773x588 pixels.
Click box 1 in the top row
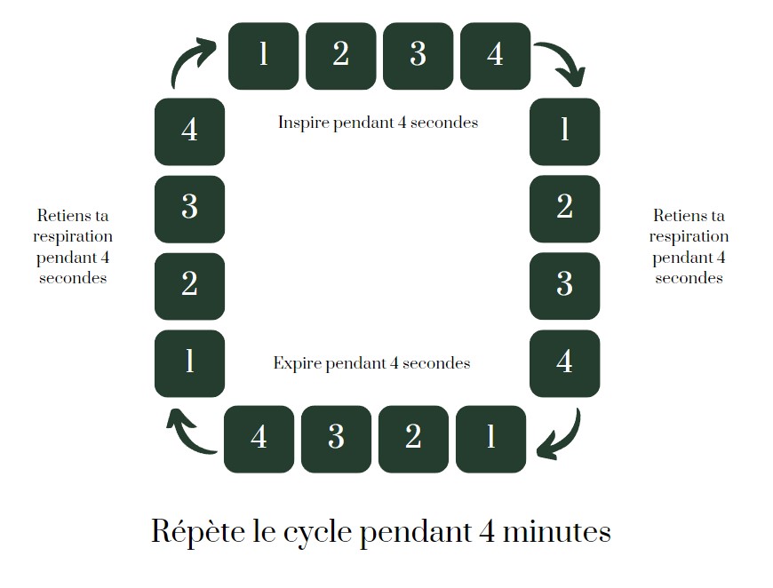pyautogui.click(x=263, y=55)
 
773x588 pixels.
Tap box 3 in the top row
pyautogui.click(x=418, y=55)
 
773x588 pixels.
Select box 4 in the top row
pyautogui.click(x=495, y=55)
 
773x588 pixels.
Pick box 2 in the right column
pyautogui.click(x=564, y=209)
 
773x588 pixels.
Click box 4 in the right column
pyautogui.click(x=564, y=362)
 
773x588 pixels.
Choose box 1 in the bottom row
pyautogui.click(x=490, y=439)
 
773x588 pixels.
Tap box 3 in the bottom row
pyautogui.click(x=336, y=439)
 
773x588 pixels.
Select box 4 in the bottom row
pyautogui.click(x=259, y=439)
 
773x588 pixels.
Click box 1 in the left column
pyautogui.click(x=189, y=362)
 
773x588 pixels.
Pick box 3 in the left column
pyautogui.click(x=189, y=209)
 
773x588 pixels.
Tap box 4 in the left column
pyautogui.click(x=189, y=131)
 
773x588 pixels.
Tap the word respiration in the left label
pyautogui.click(x=73, y=236)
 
